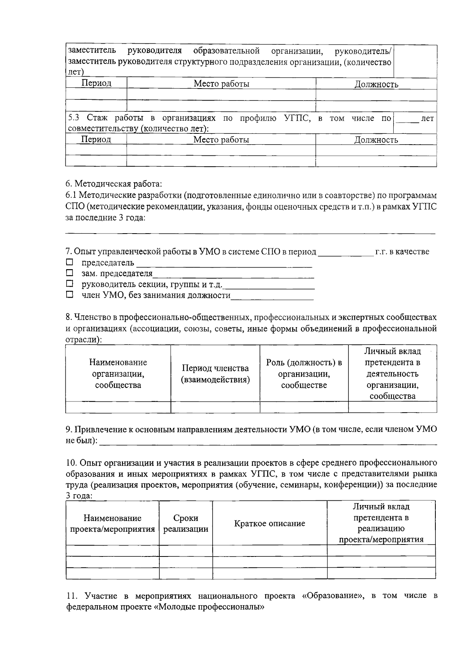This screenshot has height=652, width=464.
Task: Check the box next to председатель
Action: (x=69, y=263)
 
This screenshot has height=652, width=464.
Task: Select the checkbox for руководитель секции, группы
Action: (x=69, y=284)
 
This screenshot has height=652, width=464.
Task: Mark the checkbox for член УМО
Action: (x=69, y=295)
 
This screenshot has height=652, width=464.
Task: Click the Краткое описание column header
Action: (x=270, y=523)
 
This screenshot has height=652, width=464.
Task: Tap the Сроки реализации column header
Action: (x=186, y=523)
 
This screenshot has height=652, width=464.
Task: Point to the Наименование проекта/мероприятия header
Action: (x=112, y=523)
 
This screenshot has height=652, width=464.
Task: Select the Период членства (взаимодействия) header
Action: (x=215, y=374)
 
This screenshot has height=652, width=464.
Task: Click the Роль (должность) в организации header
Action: (x=304, y=374)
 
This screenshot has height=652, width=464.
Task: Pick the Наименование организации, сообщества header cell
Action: (x=118, y=374)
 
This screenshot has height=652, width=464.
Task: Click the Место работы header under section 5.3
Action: (x=221, y=140)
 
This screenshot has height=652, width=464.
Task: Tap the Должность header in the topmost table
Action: (x=376, y=84)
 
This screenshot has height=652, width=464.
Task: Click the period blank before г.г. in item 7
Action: (x=345, y=252)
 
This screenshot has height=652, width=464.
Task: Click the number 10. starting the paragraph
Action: (x=72, y=463)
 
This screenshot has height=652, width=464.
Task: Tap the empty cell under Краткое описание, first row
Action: (x=270, y=551)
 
